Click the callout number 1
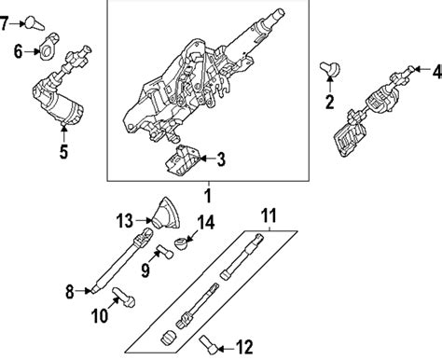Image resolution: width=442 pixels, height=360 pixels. point(208,197)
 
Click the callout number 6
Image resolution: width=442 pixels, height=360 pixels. point(18,51)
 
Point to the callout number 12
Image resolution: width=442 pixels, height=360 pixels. point(243,348)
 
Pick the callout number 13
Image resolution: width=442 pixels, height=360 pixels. point(124,221)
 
